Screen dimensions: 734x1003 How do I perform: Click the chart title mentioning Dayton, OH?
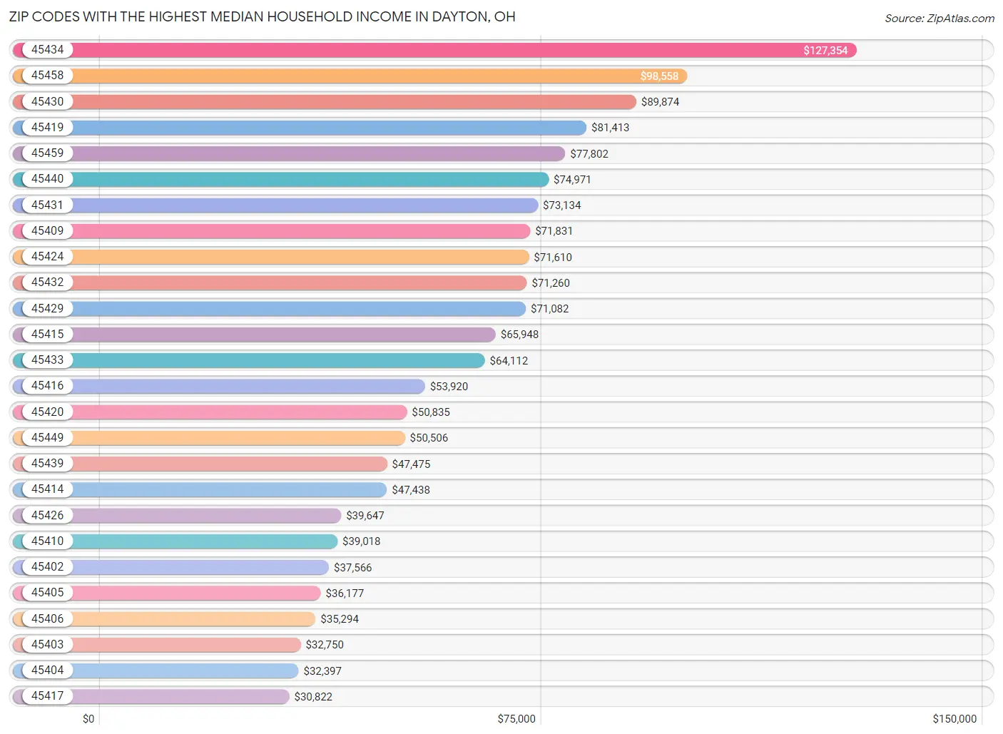pyautogui.click(x=262, y=16)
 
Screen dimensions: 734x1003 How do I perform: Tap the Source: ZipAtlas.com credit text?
pyautogui.click(x=939, y=19)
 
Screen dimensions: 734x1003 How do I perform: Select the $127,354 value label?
pyautogui.click(x=825, y=51)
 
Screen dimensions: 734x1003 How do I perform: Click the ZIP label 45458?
pyautogui.click(x=47, y=76)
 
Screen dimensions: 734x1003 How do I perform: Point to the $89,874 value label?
pyautogui.click(x=660, y=102)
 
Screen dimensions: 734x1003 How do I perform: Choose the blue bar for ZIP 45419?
pyautogui.click(x=328, y=128)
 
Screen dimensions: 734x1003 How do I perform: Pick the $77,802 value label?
pyautogui.click(x=589, y=154)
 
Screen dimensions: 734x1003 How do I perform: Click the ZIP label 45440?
pyautogui.click(x=47, y=179)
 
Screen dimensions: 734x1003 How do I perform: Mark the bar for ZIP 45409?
pyautogui.click(x=300, y=231)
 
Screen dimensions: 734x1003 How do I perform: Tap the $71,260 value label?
pyautogui.click(x=550, y=283)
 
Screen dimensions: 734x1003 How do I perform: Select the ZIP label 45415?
pyautogui.click(x=47, y=335)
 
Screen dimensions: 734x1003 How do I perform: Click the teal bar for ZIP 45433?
pyautogui.click(x=278, y=360)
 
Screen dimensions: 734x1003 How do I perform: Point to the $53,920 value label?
pyautogui.click(x=449, y=387)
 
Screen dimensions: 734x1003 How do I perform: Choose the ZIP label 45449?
pyautogui.click(x=47, y=438)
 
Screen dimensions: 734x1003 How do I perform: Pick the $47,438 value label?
pyautogui.click(x=410, y=490)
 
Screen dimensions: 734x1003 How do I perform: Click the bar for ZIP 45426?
pyautogui.click(x=207, y=516)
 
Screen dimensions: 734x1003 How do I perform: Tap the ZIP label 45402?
pyautogui.click(x=47, y=567)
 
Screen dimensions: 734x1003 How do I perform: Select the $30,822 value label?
pyautogui.click(x=312, y=697)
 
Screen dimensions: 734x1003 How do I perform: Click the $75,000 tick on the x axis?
pyautogui.click(x=516, y=719)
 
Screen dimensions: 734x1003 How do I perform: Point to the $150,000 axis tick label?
pyautogui.click(x=954, y=719)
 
